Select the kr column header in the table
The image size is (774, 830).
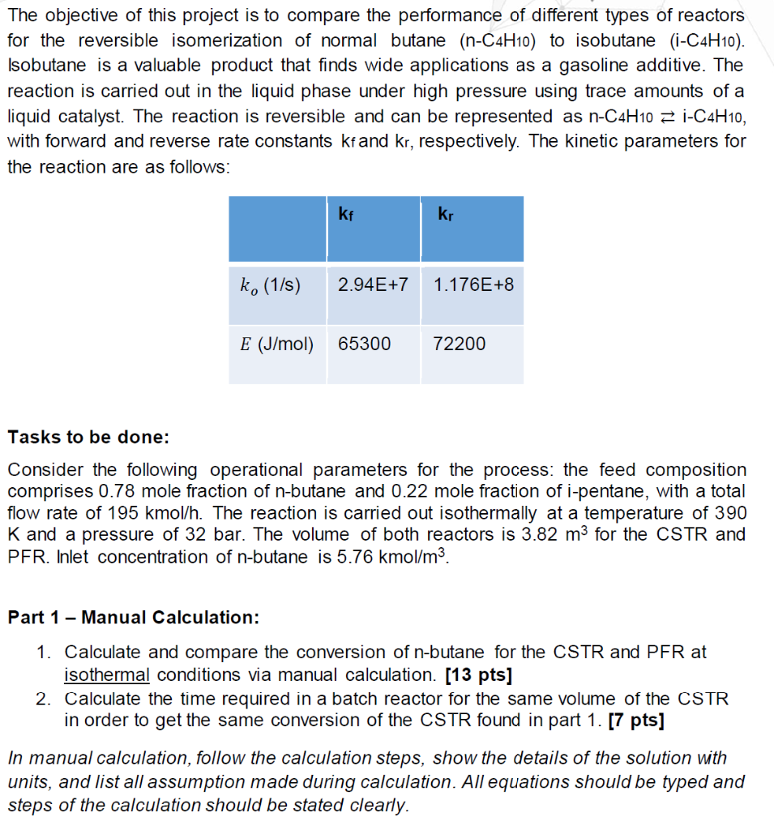(x=445, y=215)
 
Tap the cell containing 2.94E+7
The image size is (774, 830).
(x=374, y=285)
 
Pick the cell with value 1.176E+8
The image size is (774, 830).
(x=473, y=285)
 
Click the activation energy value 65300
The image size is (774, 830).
(x=364, y=344)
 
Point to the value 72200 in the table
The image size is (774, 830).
(x=460, y=344)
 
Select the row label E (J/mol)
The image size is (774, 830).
(x=277, y=344)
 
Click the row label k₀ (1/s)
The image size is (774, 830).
(x=271, y=285)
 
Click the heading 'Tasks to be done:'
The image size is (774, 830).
(x=88, y=438)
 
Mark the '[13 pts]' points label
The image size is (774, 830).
(x=479, y=674)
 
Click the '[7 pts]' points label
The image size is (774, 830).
(x=636, y=721)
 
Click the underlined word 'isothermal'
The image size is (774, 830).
(x=107, y=674)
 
